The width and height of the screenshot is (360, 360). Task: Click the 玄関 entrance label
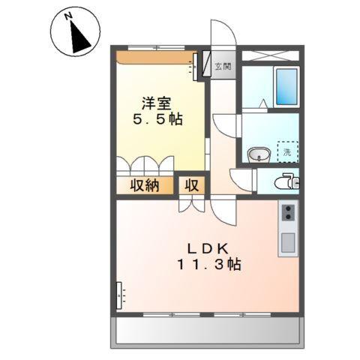tap(223, 67)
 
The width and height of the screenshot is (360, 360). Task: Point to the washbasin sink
tap(260, 154)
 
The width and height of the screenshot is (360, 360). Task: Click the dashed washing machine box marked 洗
tap(286, 151)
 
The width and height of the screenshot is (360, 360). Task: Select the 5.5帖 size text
tap(159, 119)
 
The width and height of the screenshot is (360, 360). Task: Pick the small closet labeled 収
tap(191, 186)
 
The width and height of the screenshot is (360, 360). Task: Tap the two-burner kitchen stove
tap(286, 214)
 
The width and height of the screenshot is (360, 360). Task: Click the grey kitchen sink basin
tap(286, 242)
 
